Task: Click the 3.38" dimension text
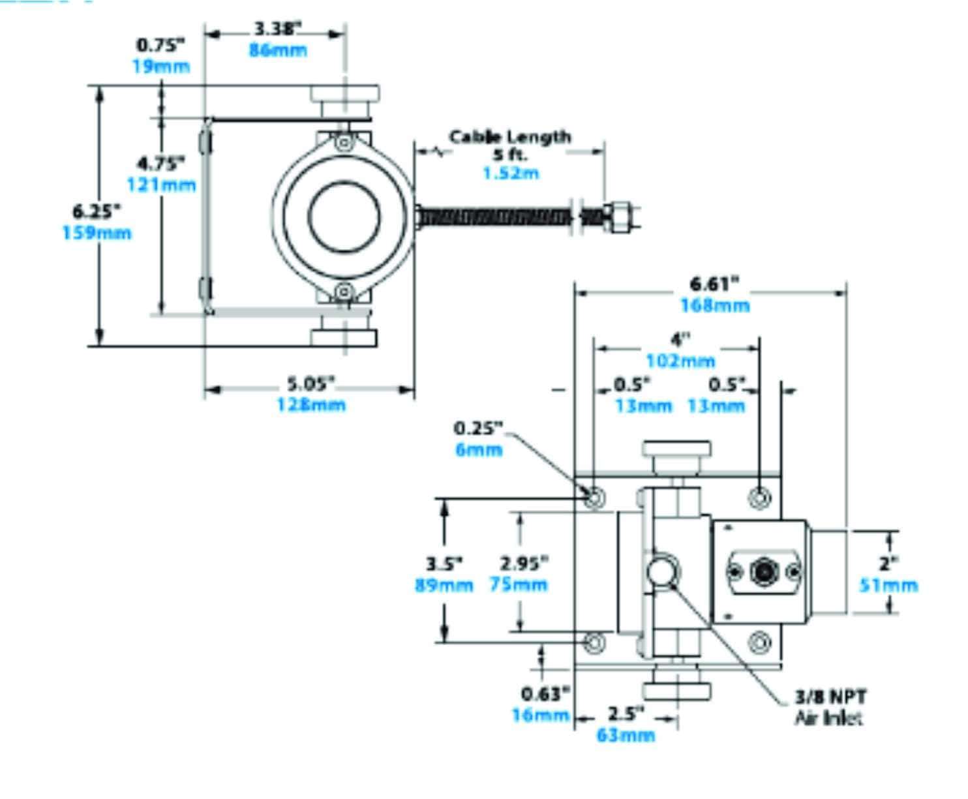point(278,29)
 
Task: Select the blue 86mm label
point(278,50)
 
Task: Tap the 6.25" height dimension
point(97,211)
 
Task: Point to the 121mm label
point(161,185)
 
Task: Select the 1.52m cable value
point(511,173)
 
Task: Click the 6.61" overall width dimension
point(715,284)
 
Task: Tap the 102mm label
point(680,361)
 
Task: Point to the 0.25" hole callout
point(479,428)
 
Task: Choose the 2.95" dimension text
point(524,562)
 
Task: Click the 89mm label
point(444,584)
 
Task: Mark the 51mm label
point(888,585)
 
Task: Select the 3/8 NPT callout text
point(831,697)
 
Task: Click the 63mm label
point(626,735)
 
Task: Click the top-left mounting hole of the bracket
point(594,498)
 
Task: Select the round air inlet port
point(663,572)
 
